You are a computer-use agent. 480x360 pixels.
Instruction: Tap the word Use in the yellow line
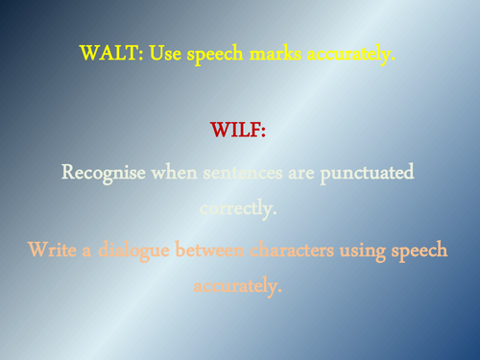[x=162, y=55]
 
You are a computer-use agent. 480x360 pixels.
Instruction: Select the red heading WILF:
[x=237, y=129]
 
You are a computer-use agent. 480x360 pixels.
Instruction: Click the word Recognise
[x=104, y=173]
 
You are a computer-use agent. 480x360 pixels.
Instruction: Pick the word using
[x=364, y=252]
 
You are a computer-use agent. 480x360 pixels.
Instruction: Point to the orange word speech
[x=421, y=252]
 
